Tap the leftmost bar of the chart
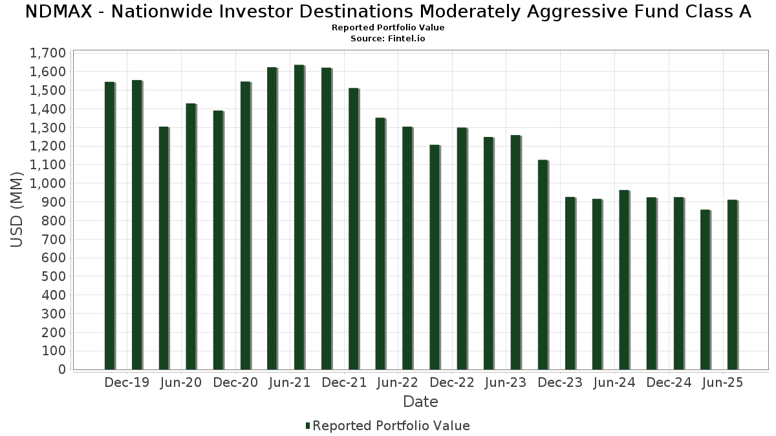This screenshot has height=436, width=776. pyautogui.click(x=110, y=226)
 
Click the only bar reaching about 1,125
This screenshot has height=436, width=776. pyautogui.click(x=543, y=265)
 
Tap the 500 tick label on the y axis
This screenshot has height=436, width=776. pyautogui.click(x=52, y=276)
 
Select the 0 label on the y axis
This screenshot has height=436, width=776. pyautogui.click(x=62, y=369)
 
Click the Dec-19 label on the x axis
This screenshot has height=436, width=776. pyautogui.click(x=127, y=382)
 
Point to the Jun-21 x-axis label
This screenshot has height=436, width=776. pyautogui.click(x=289, y=382)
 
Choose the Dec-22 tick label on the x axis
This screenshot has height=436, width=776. pyautogui.click(x=452, y=382)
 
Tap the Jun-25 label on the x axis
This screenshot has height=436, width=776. pyautogui.click(x=722, y=382)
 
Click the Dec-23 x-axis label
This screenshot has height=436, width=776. pyautogui.click(x=560, y=382)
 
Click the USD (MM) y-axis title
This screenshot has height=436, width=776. pyautogui.click(x=18, y=211)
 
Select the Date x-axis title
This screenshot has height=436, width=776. pyautogui.click(x=420, y=402)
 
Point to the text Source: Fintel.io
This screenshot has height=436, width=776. pyautogui.click(x=388, y=39)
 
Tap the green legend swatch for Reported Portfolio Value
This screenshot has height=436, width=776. pyautogui.click(x=308, y=426)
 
